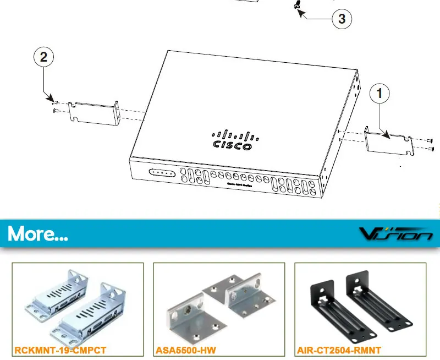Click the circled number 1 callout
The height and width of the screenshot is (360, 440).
pyautogui.click(x=380, y=94)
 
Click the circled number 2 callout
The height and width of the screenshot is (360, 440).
pyautogui.click(x=43, y=57)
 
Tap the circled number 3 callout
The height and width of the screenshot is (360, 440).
pyautogui.click(x=342, y=19)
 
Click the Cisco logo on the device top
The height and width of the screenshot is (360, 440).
pyautogui.click(x=233, y=140)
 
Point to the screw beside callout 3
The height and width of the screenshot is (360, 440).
pyautogui.click(x=298, y=6)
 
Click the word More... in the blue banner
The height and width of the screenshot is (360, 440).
pyautogui.click(x=38, y=234)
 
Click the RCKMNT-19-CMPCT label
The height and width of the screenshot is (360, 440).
pyautogui.click(x=61, y=350)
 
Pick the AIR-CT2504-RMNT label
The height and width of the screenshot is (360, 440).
pyautogui.click(x=339, y=350)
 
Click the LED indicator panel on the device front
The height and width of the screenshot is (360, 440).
pyautogui.click(x=162, y=173)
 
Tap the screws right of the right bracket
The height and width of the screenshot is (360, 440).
pyautogui.click(x=430, y=144)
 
